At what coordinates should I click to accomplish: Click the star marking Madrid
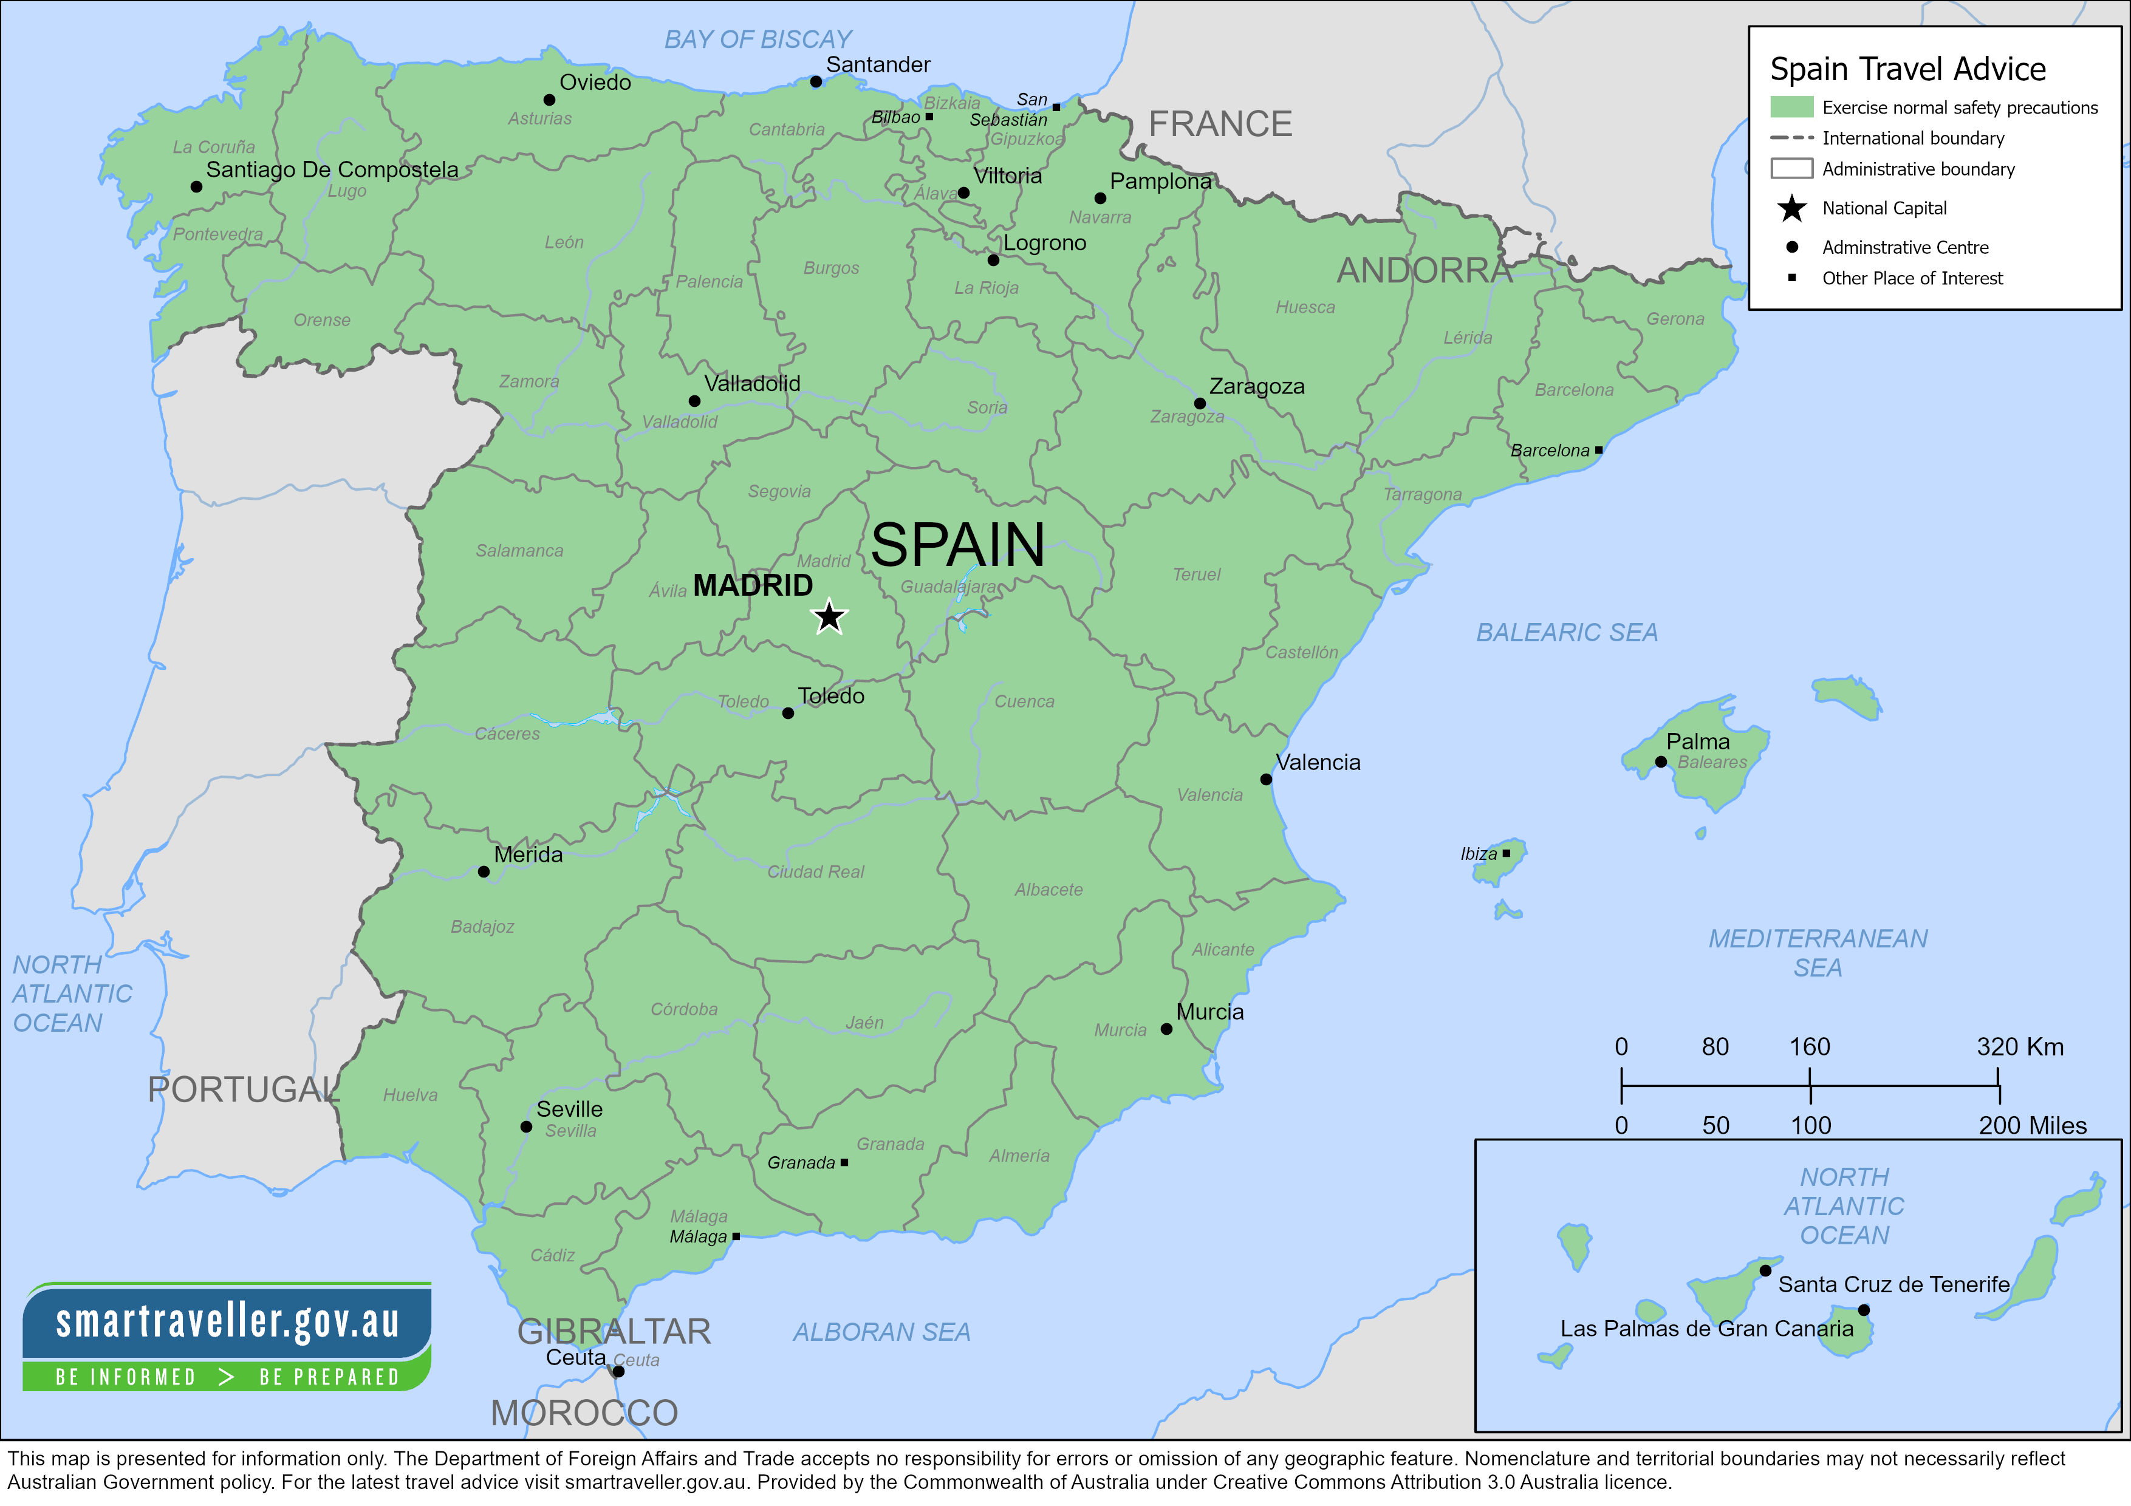click(829, 617)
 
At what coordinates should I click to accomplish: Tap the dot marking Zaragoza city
click(1199, 404)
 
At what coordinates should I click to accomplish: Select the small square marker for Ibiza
click(1507, 853)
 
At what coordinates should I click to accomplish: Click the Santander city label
click(878, 65)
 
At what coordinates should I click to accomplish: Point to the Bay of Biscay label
click(758, 39)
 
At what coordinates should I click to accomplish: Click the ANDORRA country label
click(1425, 271)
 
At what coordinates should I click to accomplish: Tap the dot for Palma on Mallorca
click(1660, 762)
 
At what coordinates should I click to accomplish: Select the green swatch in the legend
click(1791, 107)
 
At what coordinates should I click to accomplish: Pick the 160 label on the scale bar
click(1809, 1047)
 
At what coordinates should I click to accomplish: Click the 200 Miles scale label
click(2032, 1126)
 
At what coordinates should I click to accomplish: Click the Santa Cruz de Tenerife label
click(1893, 1284)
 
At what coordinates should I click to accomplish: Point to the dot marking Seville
click(526, 1126)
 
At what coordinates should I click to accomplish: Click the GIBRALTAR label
click(614, 1332)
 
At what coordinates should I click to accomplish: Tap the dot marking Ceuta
click(618, 1371)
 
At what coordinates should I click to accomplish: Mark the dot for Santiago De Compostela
click(196, 186)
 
